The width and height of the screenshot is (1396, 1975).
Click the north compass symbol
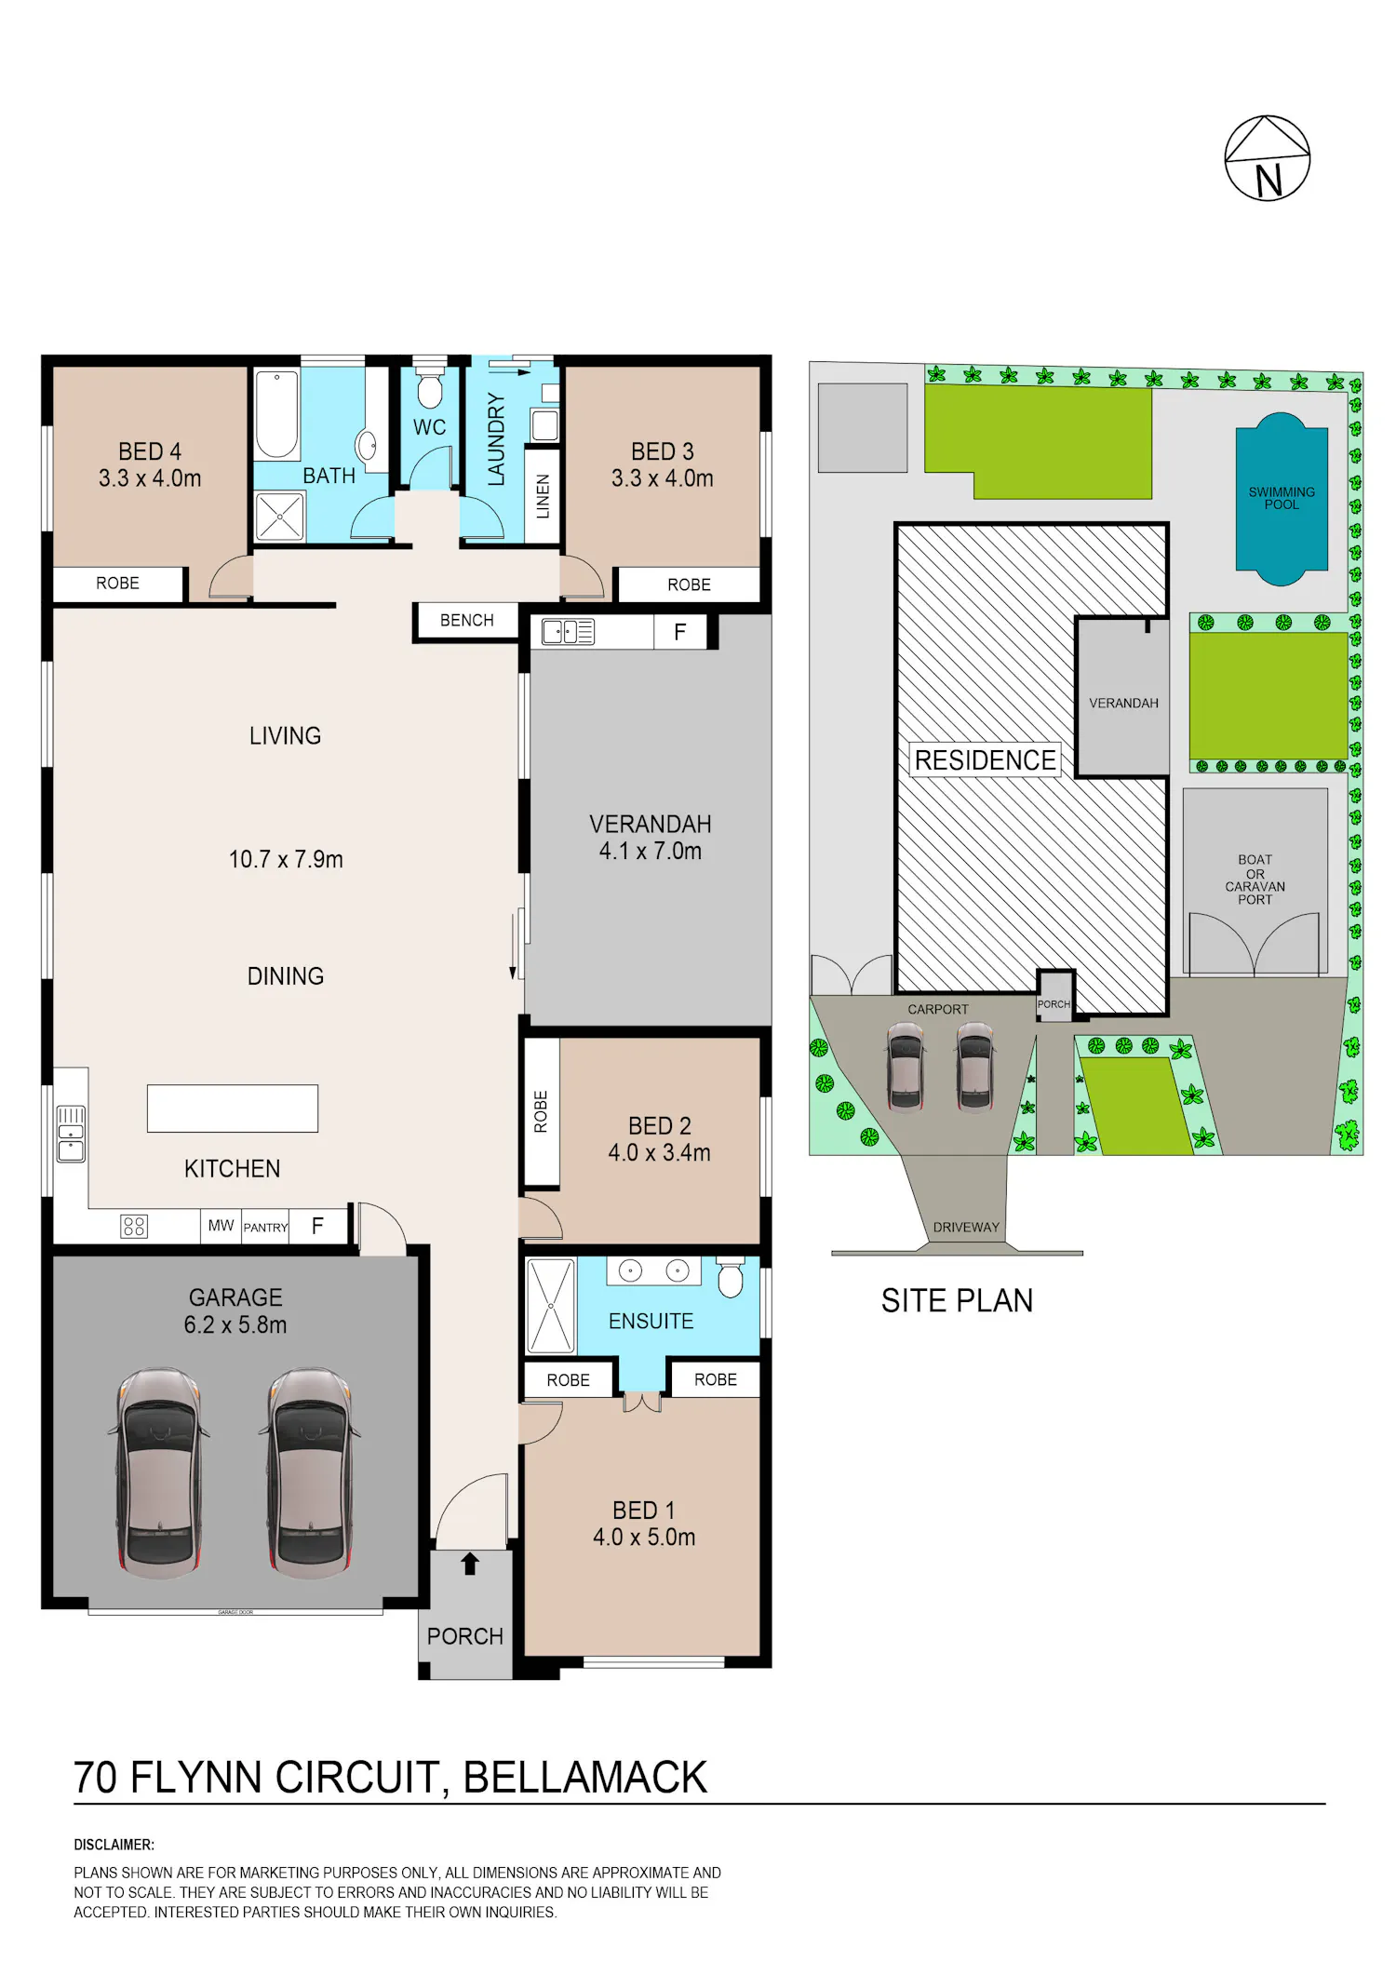tap(1267, 158)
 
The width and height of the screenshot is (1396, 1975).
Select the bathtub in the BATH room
tap(277, 415)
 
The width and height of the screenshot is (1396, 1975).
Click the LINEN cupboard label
tap(543, 496)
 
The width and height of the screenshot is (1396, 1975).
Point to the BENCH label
tap(467, 620)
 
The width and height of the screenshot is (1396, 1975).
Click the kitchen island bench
tap(233, 1108)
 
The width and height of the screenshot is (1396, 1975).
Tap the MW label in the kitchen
tap(221, 1226)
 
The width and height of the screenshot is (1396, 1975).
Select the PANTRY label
tap(266, 1228)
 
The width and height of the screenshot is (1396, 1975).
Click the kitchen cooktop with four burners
tap(134, 1227)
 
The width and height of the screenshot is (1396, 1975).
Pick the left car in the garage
tap(159, 1472)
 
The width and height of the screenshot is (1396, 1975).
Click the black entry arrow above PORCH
tap(470, 1564)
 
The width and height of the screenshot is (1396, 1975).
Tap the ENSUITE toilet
tap(731, 1277)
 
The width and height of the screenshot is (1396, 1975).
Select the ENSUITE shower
tap(551, 1306)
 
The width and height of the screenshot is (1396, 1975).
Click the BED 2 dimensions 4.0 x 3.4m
tap(660, 1153)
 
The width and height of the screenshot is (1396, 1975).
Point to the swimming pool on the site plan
tap(1282, 499)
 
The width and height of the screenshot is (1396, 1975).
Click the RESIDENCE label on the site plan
tap(986, 760)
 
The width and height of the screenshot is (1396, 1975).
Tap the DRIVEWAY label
tap(966, 1228)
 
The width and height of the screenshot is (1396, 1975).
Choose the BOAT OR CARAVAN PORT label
tap(1255, 880)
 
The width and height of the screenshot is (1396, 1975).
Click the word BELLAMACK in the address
tap(585, 1778)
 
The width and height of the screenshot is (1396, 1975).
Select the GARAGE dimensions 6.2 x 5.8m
tap(235, 1325)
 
